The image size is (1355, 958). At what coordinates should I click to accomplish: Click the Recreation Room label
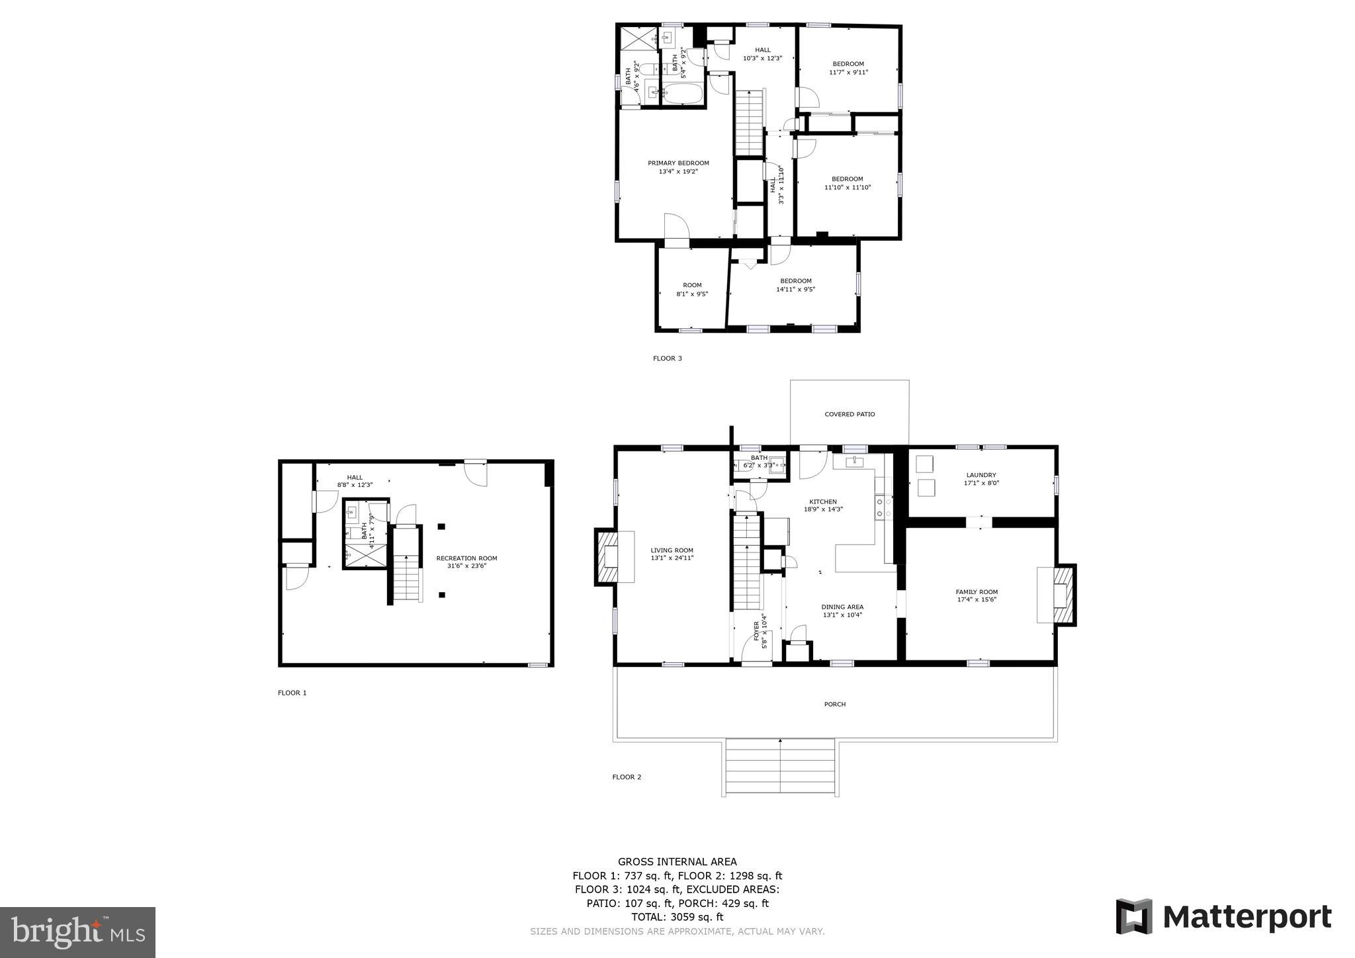pos(466,558)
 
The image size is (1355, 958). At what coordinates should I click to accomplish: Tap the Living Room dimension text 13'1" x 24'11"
pos(672,558)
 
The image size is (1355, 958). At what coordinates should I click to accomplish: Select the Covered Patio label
pos(850,415)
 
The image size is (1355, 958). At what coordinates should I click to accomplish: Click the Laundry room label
pos(981,475)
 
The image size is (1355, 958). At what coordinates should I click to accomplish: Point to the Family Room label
pos(977,592)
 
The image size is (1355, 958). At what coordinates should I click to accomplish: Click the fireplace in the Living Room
pos(608,556)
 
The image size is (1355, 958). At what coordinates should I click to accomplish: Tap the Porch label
pos(835,705)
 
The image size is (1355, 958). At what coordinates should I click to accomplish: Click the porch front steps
pos(780,767)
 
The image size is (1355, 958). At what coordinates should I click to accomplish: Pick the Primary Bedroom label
pos(678,163)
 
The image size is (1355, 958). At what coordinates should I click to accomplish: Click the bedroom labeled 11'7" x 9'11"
pos(848,68)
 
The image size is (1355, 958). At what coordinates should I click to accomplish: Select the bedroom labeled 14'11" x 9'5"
pos(795,284)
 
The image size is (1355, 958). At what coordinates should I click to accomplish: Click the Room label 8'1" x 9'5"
pos(692,289)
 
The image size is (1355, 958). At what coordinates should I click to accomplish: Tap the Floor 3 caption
pos(667,359)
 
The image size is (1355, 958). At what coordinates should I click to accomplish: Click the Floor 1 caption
pos(292,693)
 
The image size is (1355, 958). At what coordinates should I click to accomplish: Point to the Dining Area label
pos(842,607)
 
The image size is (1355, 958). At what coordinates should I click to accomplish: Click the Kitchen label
pos(823,502)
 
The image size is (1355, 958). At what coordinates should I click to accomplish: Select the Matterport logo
pos(1223,917)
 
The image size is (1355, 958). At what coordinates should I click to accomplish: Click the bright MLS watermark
pos(77,932)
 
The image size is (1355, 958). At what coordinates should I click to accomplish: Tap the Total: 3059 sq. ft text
pos(677,917)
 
